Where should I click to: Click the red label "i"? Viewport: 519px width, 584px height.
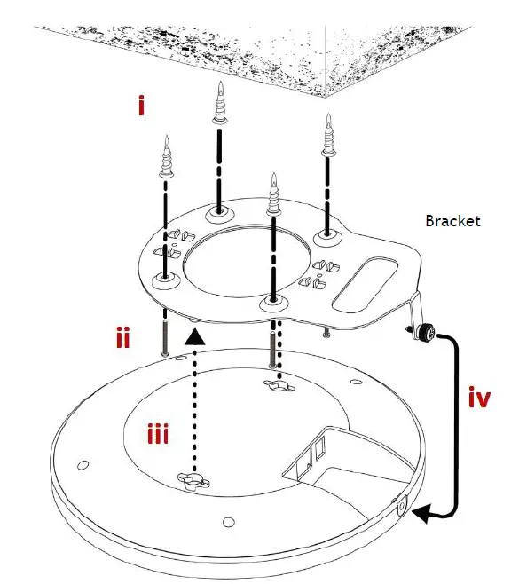pyautogui.click(x=140, y=107)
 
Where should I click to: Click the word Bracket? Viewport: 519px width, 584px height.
pyautogui.click(x=452, y=220)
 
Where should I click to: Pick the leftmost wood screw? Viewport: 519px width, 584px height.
pyautogui.click(x=165, y=162)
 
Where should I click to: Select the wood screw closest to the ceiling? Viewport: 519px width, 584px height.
pyautogui.click(x=218, y=107)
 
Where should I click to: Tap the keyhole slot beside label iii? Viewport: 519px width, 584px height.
pyautogui.click(x=195, y=481)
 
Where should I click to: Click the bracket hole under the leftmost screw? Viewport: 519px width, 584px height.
pyautogui.click(x=164, y=281)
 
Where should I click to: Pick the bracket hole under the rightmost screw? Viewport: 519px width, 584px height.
pyautogui.click(x=327, y=237)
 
